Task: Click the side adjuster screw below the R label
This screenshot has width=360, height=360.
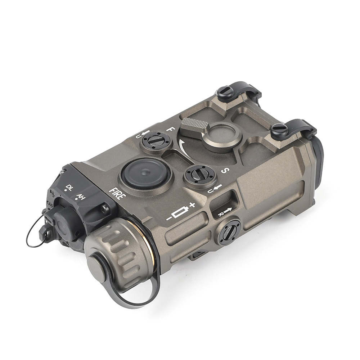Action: coord(230,232)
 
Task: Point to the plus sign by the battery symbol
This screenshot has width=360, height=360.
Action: coord(192,205)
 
